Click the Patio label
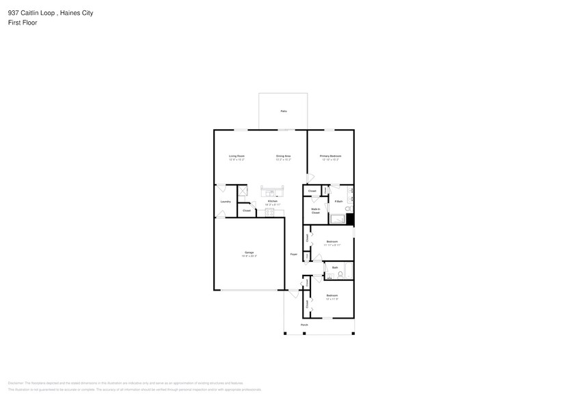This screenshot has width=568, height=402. [x=283, y=111]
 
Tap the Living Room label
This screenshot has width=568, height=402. [x=236, y=157]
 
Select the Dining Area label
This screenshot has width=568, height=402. [x=283, y=157]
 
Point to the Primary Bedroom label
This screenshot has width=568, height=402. [x=330, y=157]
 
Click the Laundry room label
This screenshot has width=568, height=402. [x=225, y=202]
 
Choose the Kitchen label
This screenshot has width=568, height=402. [x=272, y=202]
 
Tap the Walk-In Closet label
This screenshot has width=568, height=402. [x=315, y=211]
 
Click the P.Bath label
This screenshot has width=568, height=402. [x=338, y=202]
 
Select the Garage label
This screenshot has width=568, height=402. [x=249, y=254]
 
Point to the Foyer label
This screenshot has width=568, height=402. [x=293, y=254]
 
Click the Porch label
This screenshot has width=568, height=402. [x=303, y=325]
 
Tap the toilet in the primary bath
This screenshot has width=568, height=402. [x=347, y=208]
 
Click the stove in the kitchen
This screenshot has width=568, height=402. [x=269, y=213]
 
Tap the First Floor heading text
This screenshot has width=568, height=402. [x=23, y=23]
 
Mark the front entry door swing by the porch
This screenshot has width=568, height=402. [x=294, y=293]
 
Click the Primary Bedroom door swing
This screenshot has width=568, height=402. [x=311, y=177]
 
